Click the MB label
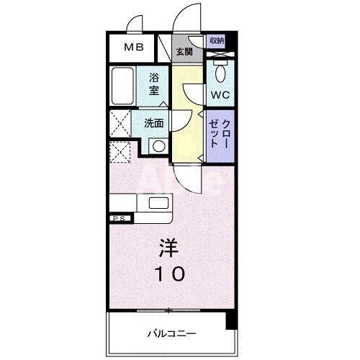[x=133, y=48]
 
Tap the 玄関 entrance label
[x=184, y=51]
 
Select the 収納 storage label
[x=217, y=41]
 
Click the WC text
[x=219, y=94]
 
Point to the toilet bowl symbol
[x=220, y=72]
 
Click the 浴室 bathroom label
[x=154, y=84]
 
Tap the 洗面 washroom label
[x=154, y=123]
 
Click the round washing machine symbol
[x=157, y=145]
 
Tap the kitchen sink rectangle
[x=159, y=202]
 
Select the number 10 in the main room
[x=171, y=274]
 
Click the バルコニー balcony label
[x=170, y=333]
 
